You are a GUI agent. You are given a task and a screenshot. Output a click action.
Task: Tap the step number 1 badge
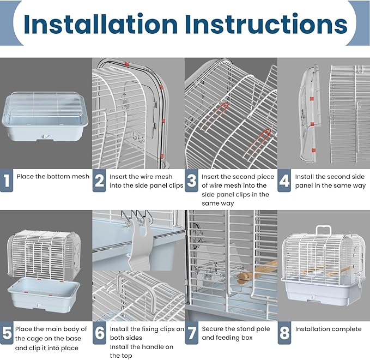pos(6,181)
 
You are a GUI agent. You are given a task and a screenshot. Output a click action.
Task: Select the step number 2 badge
pos(99,181)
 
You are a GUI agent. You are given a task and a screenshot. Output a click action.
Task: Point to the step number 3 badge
pos(191,181)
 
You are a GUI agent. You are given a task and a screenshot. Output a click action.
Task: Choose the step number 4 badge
pos(284,181)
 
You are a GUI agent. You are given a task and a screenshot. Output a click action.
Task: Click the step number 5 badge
pos(6,333)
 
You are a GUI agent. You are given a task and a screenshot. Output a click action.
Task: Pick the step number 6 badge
pos(99,333)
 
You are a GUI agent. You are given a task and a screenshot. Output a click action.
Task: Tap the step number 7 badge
pos(191,333)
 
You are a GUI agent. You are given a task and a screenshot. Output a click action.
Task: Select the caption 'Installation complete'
pos(328,329)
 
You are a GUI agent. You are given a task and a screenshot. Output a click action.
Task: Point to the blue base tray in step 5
pos(45,295)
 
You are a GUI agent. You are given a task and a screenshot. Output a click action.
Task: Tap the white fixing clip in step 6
pos(141,248)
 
